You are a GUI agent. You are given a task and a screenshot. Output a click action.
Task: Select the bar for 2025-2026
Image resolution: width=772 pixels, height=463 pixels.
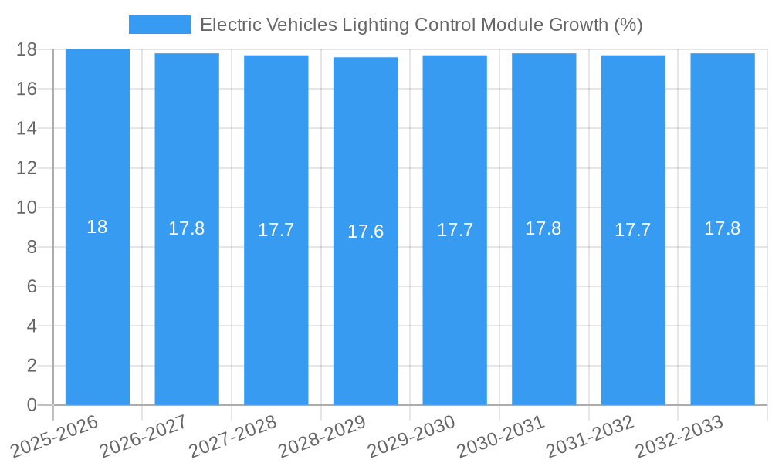[97, 309]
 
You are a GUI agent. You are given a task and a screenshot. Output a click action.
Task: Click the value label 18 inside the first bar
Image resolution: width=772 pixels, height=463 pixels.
[97, 227]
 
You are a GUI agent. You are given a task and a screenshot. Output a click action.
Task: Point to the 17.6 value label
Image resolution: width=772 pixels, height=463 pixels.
[365, 231]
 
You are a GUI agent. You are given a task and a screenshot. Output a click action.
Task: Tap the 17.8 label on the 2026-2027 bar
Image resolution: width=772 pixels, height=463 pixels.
[187, 228]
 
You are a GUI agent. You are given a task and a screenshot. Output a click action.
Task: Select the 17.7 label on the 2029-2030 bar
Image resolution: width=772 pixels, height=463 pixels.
[455, 230]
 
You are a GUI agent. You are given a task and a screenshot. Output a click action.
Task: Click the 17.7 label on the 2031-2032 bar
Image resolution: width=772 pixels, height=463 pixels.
[633, 230]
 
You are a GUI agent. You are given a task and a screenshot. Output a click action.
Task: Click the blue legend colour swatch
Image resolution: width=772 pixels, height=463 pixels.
[159, 25]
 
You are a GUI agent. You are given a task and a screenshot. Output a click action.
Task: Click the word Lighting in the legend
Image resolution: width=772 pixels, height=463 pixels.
[374, 25]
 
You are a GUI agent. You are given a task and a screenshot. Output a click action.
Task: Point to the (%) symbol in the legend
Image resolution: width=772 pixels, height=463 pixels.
[628, 25]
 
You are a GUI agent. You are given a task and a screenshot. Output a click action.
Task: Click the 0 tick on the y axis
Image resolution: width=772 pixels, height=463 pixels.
[32, 405]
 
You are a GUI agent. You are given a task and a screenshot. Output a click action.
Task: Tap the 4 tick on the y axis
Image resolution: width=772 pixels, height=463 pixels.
[32, 326]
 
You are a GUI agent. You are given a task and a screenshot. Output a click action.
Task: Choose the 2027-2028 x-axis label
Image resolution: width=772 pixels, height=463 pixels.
[232, 436]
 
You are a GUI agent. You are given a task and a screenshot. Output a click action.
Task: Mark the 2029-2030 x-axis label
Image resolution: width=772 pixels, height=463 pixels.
[411, 436]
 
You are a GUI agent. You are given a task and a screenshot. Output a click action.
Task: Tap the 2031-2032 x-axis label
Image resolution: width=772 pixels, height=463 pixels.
[590, 436]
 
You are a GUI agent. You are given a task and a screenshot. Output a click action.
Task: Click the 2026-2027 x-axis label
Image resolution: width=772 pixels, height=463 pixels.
[143, 436]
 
